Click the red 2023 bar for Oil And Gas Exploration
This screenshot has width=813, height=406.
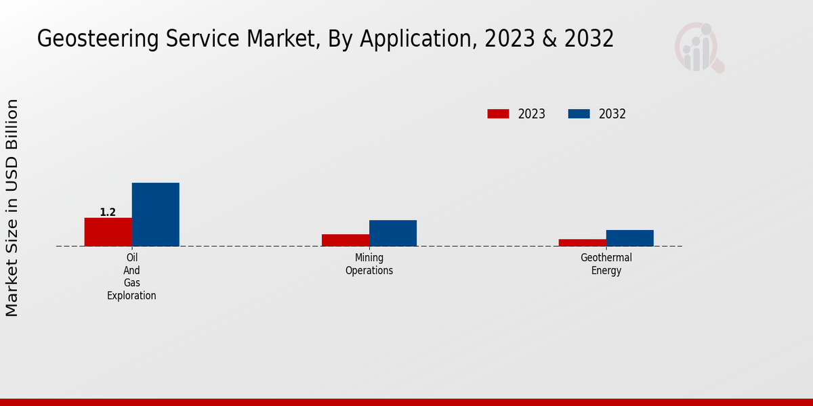[x=108, y=232]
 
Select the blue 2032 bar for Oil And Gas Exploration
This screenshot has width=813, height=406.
[x=155, y=215]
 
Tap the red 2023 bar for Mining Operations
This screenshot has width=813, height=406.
[x=346, y=240]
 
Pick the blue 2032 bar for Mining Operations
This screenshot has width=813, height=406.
[x=393, y=233]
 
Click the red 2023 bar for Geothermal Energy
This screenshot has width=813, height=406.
[x=583, y=243]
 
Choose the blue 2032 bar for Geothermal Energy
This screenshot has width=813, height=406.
[x=630, y=238]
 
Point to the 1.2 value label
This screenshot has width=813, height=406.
[x=108, y=212]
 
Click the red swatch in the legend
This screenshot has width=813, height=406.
[x=498, y=114]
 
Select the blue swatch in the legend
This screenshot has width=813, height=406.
[x=579, y=114]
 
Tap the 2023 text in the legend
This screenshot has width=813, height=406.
[x=532, y=114]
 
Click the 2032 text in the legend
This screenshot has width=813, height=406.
[x=612, y=114]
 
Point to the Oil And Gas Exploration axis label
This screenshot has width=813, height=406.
[x=131, y=277]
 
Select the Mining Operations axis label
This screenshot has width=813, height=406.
[x=369, y=264]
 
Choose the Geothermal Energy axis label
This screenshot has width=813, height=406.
[x=606, y=264]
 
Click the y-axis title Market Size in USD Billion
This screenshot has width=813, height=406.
[x=12, y=208]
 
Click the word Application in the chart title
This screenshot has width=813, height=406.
[x=416, y=39]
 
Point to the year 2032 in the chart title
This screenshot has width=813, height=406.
[x=587, y=39]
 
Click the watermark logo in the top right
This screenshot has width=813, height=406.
[x=699, y=47]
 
